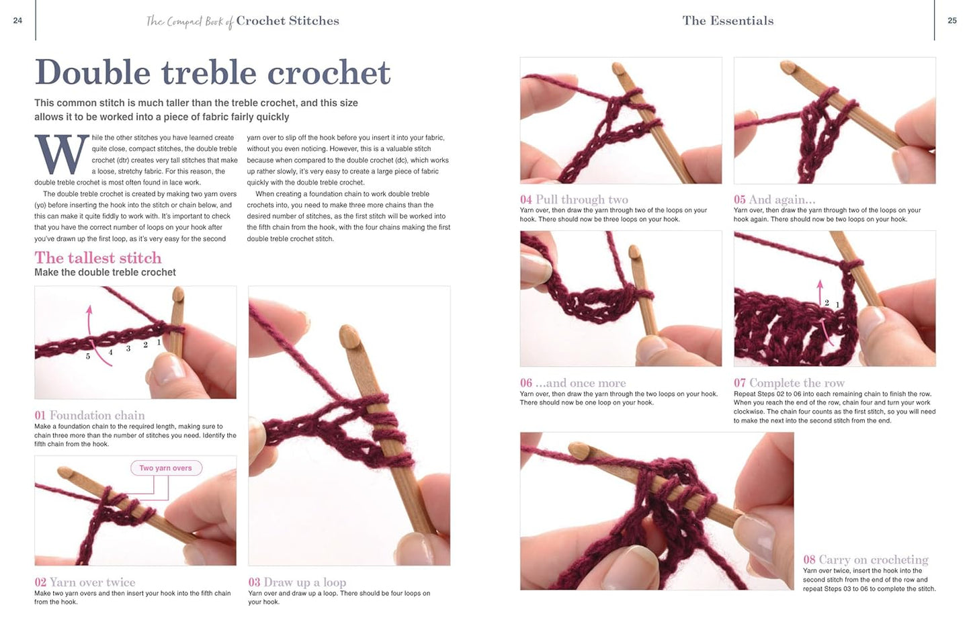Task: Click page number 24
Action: (17, 21)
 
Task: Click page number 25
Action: (952, 21)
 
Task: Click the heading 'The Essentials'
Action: (728, 21)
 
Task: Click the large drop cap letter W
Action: (61, 154)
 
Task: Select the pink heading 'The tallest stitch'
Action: (98, 258)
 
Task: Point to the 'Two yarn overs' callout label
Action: (165, 468)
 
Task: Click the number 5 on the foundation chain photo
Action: (88, 356)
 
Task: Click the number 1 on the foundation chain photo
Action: (159, 342)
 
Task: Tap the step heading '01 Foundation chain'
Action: (89, 415)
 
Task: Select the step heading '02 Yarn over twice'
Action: (85, 582)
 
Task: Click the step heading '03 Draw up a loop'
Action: (297, 582)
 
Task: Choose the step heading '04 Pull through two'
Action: (574, 199)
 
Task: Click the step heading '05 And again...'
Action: (774, 199)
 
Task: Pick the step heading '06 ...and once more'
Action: (573, 383)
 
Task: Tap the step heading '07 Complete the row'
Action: (789, 383)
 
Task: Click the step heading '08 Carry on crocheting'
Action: (866, 560)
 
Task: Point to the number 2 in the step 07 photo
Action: (827, 303)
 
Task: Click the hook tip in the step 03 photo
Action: (350, 334)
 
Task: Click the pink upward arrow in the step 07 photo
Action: (820, 293)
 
